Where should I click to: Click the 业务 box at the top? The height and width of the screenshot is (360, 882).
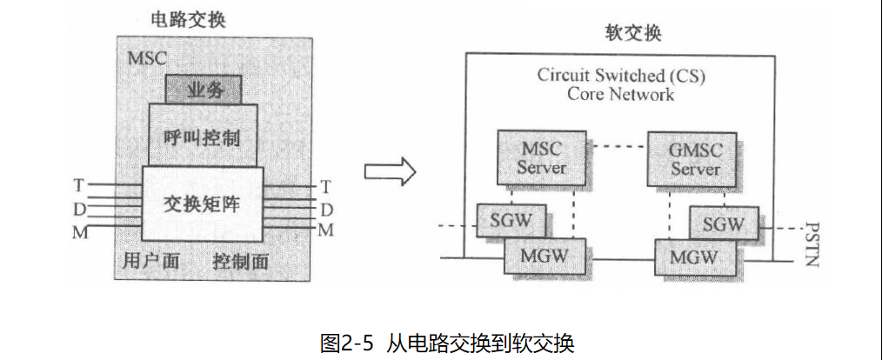[x=202, y=89]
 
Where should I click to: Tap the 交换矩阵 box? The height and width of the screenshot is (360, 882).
[x=202, y=205]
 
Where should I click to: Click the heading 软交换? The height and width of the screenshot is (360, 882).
[x=633, y=34]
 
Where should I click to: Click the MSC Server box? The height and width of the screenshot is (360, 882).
[x=541, y=157]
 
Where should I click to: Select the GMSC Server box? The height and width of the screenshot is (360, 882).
[x=695, y=157]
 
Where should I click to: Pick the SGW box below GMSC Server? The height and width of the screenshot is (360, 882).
[x=723, y=223]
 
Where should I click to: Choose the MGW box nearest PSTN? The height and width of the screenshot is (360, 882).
[x=692, y=257]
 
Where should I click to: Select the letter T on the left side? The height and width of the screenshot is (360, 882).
[x=79, y=185]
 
